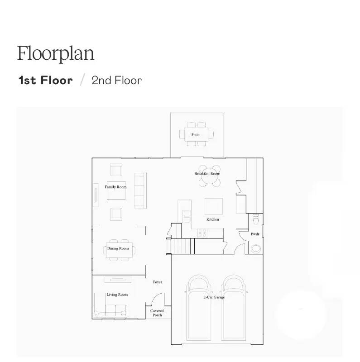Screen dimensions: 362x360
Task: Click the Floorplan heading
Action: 56,53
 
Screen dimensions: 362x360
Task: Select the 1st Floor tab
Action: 45,81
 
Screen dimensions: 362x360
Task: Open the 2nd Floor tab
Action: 116,81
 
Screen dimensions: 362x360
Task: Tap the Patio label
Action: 196,134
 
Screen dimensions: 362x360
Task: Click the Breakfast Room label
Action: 207,174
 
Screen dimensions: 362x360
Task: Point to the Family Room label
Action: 115,187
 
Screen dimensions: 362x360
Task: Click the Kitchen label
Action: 213,219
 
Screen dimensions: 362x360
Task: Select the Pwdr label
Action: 255,234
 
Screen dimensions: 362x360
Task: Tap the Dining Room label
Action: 118,248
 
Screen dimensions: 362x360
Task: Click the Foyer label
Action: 157,282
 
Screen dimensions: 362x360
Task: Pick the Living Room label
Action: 117,295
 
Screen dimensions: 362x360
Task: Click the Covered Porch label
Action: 157,313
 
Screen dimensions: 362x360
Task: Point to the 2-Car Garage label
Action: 214,297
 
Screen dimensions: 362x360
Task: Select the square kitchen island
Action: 214,206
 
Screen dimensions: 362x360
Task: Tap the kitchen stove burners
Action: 202,233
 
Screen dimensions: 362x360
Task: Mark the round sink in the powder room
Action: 256,248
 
